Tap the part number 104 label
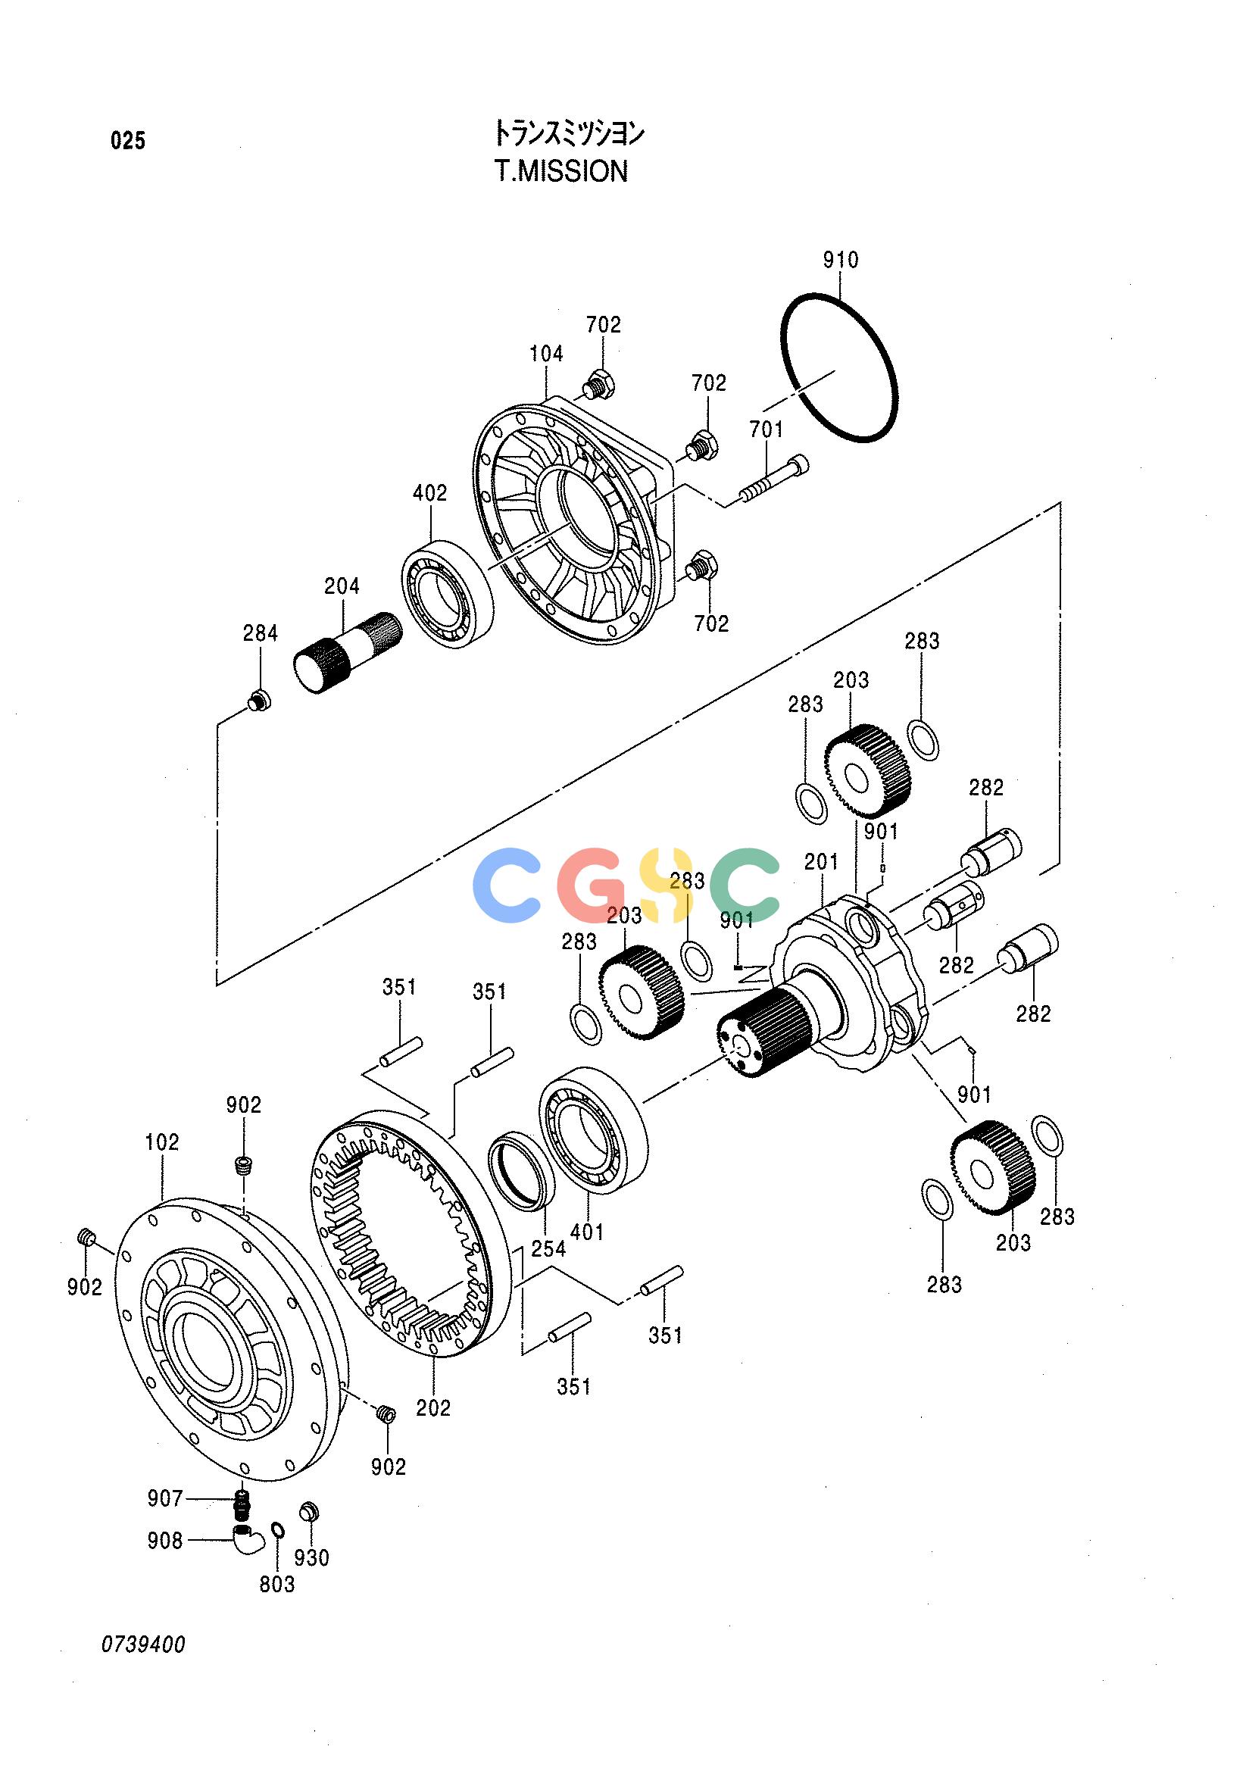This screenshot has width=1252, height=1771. point(546,354)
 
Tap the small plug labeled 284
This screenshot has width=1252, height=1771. point(259,702)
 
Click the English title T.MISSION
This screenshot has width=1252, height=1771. point(561,171)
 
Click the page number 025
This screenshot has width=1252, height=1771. point(128,141)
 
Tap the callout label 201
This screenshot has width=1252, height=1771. point(821,862)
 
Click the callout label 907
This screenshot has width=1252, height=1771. point(165,1499)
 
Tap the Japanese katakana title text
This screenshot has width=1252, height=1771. point(569,134)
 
